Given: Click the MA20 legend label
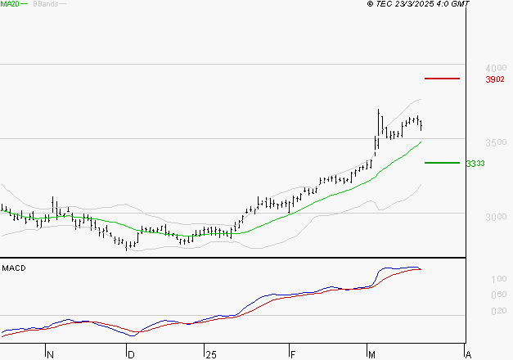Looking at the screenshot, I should (10, 5).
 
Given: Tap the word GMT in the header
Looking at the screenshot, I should (461, 5).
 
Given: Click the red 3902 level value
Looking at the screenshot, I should (471, 79).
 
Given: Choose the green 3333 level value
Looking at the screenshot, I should (475, 164).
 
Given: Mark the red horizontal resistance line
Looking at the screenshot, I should (442, 79).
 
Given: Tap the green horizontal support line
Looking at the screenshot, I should (442, 163).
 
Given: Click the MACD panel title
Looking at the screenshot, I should (13, 268).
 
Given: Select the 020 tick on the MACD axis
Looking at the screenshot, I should (475, 311).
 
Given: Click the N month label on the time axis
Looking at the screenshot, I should (50, 355).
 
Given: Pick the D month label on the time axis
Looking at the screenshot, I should (130, 355).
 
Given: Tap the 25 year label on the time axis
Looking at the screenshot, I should (210, 355).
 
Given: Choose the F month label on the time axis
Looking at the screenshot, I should (292, 355).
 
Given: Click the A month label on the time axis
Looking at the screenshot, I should (468, 355).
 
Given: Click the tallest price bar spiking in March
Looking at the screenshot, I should (379, 123).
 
